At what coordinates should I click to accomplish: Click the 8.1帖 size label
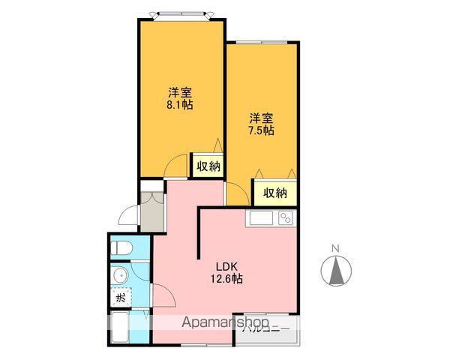pos(180,106)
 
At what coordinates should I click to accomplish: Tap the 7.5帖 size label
pos(261,130)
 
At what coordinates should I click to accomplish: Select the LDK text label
pos(226,265)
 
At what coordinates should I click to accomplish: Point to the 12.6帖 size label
pos(226,279)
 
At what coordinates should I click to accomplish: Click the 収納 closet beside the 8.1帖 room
pos(208,166)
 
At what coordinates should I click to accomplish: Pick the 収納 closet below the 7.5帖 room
pos(275,192)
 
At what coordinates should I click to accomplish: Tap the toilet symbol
pos(121,247)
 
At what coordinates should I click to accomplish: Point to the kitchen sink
pos(262,218)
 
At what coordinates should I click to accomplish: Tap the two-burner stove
pos(286,218)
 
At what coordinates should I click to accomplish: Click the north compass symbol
pos(336,270)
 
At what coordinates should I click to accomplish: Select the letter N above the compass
pos(336,249)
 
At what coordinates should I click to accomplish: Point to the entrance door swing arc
pos(128,215)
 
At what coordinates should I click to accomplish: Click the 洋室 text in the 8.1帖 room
pos(180,93)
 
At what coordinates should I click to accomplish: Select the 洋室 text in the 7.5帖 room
pos(261,117)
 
